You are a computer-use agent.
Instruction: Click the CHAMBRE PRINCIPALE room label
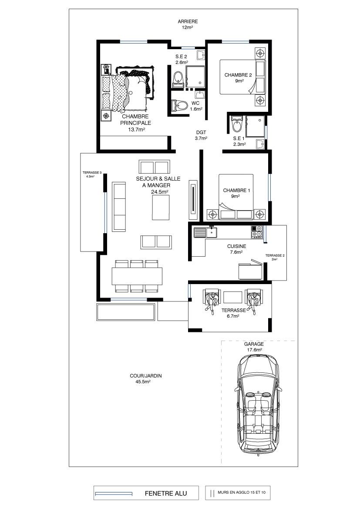click(x=135, y=120)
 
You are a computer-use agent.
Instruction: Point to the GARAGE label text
click(x=254, y=344)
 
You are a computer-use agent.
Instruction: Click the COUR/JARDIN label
click(x=145, y=376)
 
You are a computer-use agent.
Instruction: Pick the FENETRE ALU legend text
click(x=166, y=493)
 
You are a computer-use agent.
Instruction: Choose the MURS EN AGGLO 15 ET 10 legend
click(x=242, y=492)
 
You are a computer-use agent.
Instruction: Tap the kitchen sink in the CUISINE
click(x=205, y=232)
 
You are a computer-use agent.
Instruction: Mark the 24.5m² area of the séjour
click(x=159, y=192)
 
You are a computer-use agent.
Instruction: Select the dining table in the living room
click(x=137, y=276)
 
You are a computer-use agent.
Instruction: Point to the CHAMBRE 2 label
click(x=238, y=75)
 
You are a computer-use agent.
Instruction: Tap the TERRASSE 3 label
click(x=92, y=173)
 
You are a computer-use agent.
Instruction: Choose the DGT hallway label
click(x=201, y=132)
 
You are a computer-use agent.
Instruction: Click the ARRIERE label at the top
click(x=188, y=22)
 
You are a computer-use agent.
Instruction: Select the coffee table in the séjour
click(x=161, y=208)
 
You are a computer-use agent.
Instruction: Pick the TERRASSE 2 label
click(x=275, y=255)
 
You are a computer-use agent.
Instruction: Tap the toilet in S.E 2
click(x=178, y=79)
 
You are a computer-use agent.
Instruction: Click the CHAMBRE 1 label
click(x=236, y=191)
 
